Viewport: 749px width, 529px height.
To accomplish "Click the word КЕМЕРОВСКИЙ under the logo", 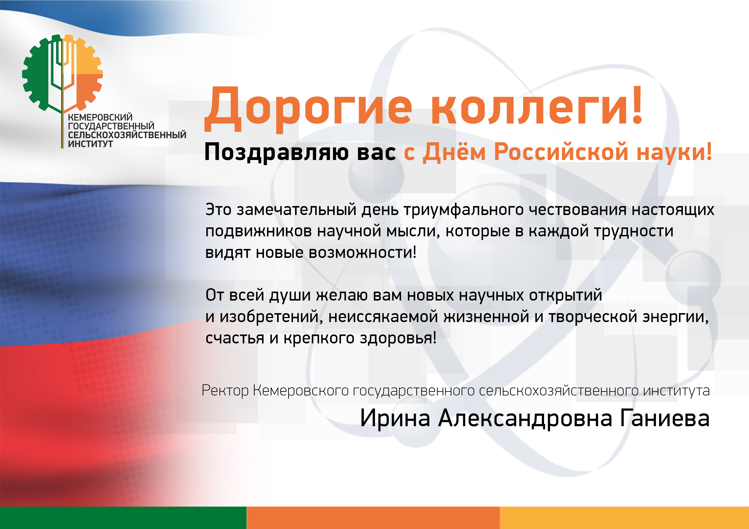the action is tap(100, 117).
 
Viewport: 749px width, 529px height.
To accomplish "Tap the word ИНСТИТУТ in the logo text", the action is tap(90, 144).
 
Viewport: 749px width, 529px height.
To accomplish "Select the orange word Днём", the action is tap(454, 152).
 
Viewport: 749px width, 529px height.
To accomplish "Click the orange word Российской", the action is tap(561, 152).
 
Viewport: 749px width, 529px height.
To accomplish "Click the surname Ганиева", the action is tap(664, 418).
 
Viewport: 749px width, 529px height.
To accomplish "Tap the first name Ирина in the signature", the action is tap(395, 418).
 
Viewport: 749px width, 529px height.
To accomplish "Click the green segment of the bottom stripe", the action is tap(123, 518).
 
